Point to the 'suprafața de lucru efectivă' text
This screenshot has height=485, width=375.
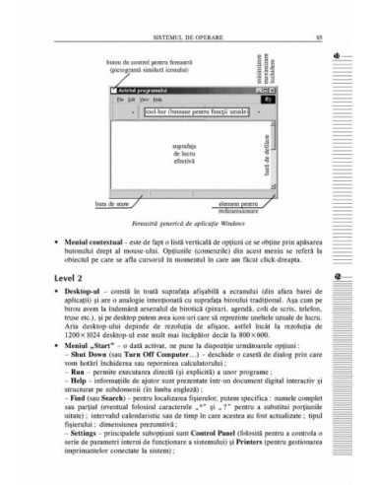tap(185, 155)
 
